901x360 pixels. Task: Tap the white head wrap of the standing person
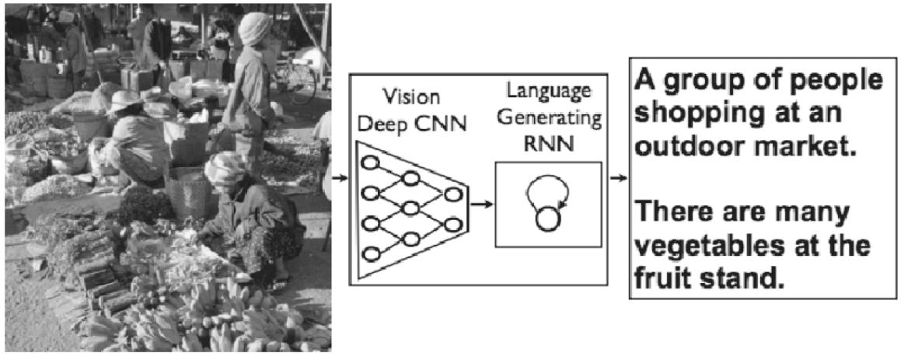click(x=254, y=28)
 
